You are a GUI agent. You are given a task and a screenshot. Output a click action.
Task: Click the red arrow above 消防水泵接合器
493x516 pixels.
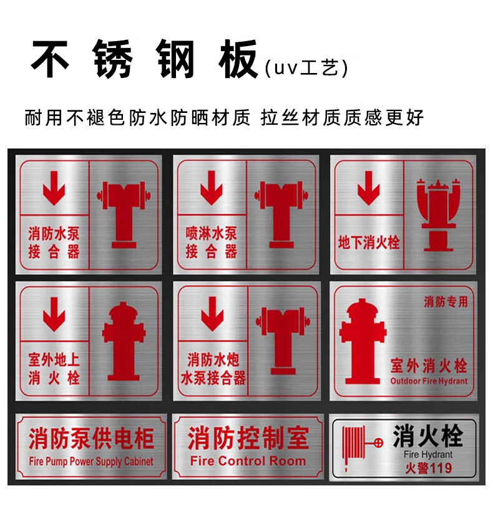54,188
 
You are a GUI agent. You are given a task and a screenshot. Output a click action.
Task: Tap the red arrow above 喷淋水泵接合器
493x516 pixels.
212,188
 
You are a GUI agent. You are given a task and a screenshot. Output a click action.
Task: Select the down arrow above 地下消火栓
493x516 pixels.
369,188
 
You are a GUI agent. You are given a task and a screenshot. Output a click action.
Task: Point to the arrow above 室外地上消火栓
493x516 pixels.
54,314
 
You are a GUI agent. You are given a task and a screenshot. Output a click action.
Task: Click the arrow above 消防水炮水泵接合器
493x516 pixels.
212,314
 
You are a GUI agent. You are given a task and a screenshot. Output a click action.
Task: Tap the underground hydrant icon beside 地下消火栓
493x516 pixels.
438,215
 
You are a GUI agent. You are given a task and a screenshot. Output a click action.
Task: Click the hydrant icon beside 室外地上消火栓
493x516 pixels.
124,341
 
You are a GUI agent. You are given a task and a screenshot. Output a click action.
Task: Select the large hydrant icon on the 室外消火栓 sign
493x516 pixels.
363,341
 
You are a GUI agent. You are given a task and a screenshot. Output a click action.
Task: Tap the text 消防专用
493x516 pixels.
446,301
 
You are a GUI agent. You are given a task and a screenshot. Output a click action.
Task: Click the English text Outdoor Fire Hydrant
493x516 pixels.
429,381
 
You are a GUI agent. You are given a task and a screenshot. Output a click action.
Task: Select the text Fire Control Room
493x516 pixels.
248,460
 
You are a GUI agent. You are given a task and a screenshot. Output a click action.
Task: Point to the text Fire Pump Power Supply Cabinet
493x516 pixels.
91,462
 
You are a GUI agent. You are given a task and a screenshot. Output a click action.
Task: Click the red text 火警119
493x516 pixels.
429,468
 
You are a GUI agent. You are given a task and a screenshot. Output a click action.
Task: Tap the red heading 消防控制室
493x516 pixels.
248,438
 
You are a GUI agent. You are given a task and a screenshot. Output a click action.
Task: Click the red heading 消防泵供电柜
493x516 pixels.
92,439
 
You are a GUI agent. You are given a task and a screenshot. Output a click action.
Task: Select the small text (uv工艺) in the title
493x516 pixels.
306,68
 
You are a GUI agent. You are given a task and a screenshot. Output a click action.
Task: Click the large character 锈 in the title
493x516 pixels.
112,59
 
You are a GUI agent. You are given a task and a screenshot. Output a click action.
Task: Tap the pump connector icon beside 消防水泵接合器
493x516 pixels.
124,215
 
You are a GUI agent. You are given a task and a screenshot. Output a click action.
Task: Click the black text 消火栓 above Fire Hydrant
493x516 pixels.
428,436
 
